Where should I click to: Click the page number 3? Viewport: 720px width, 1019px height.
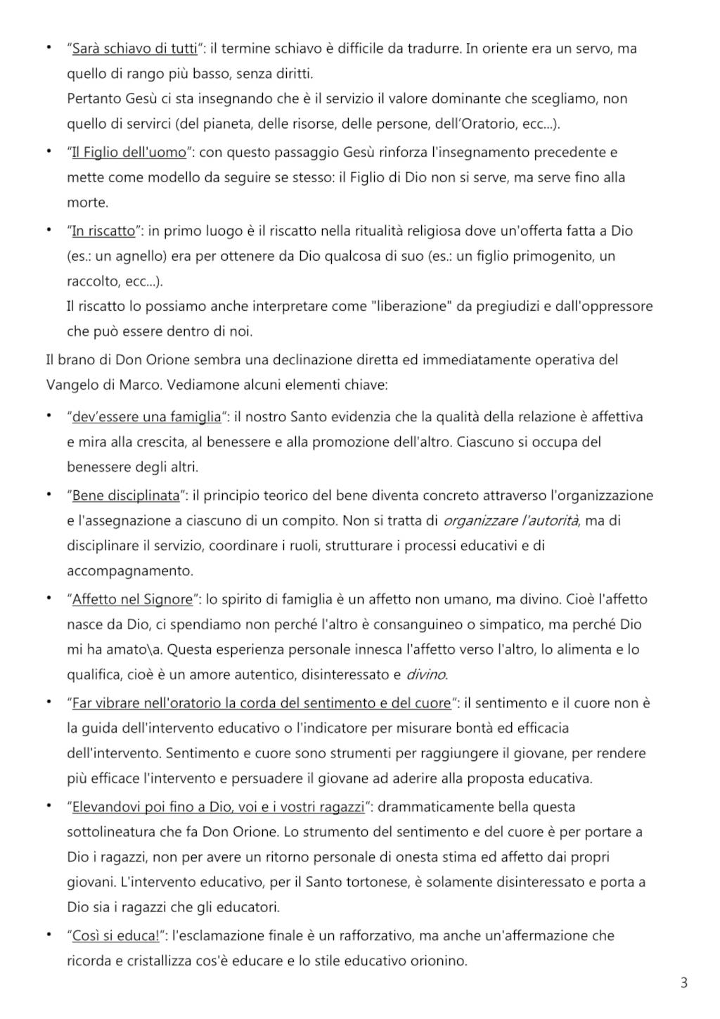click(683, 982)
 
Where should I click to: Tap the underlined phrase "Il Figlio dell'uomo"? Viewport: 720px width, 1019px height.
click(129, 152)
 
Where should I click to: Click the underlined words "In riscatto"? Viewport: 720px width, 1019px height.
click(103, 231)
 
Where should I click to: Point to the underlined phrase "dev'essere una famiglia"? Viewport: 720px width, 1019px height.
click(146, 416)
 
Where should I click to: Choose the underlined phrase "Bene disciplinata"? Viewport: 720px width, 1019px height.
click(126, 495)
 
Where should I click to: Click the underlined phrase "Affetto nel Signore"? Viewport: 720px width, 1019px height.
click(132, 599)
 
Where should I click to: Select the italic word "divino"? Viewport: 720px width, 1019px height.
click(426, 674)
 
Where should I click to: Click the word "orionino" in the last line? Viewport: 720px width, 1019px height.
click(439, 961)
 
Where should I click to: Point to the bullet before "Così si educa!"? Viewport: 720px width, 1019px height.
click(49, 935)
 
